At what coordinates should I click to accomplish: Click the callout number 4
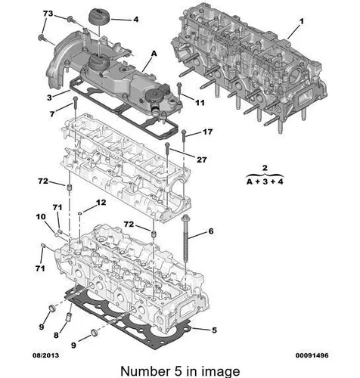135,20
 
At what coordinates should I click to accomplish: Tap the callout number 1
302,21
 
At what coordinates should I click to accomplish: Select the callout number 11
200,103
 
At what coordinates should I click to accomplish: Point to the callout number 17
207,132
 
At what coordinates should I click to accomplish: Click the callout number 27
202,160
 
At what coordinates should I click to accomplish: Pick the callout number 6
211,231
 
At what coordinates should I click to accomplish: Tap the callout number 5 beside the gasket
214,330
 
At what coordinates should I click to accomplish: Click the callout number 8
56,335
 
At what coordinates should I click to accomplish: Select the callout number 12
101,203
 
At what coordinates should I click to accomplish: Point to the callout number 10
41,217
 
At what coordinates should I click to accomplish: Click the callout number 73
48,14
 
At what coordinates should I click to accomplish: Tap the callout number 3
50,98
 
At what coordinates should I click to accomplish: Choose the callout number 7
52,114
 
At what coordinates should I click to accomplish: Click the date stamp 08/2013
45,355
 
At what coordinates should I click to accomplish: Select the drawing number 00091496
312,355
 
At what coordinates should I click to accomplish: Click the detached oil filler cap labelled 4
100,17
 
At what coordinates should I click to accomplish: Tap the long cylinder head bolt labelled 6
186,240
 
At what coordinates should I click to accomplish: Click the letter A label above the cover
154,54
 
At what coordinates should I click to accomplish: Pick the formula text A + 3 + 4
265,181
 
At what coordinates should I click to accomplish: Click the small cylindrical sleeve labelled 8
69,317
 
